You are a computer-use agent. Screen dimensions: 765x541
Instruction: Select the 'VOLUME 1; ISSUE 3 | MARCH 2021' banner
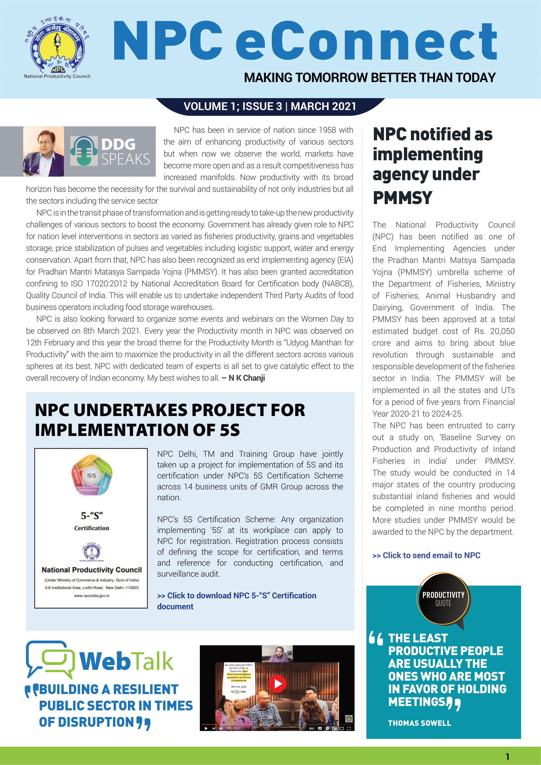pyautogui.click(x=270, y=106)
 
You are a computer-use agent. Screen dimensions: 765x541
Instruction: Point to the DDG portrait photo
pyautogui.click(x=44, y=151)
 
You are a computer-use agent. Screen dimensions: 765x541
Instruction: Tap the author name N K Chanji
pyautogui.click(x=247, y=378)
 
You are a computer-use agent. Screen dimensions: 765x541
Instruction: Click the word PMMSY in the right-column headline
pyautogui.click(x=402, y=198)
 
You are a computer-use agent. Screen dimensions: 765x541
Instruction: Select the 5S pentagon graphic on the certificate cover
pyautogui.click(x=92, y=475)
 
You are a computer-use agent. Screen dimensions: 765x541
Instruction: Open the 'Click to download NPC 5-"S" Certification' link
pyautogui.click(x=236, y=596)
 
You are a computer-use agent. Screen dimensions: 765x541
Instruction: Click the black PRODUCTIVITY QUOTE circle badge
pyautogui.click(x=443, y=599)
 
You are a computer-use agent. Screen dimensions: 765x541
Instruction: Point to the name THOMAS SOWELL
pyautogui.click(x=419, y=723)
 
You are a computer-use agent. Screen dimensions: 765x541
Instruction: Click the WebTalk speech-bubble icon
pyautogui.click(x=50, y=659)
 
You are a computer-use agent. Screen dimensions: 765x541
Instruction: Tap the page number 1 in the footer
pyautogui.click(x=507, y=757)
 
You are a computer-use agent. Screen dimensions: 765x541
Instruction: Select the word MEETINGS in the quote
pyautogui.click(x=417, y=702)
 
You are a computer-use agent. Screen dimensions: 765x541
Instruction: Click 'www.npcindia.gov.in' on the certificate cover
pyautogui.click(x=92, y=596)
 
